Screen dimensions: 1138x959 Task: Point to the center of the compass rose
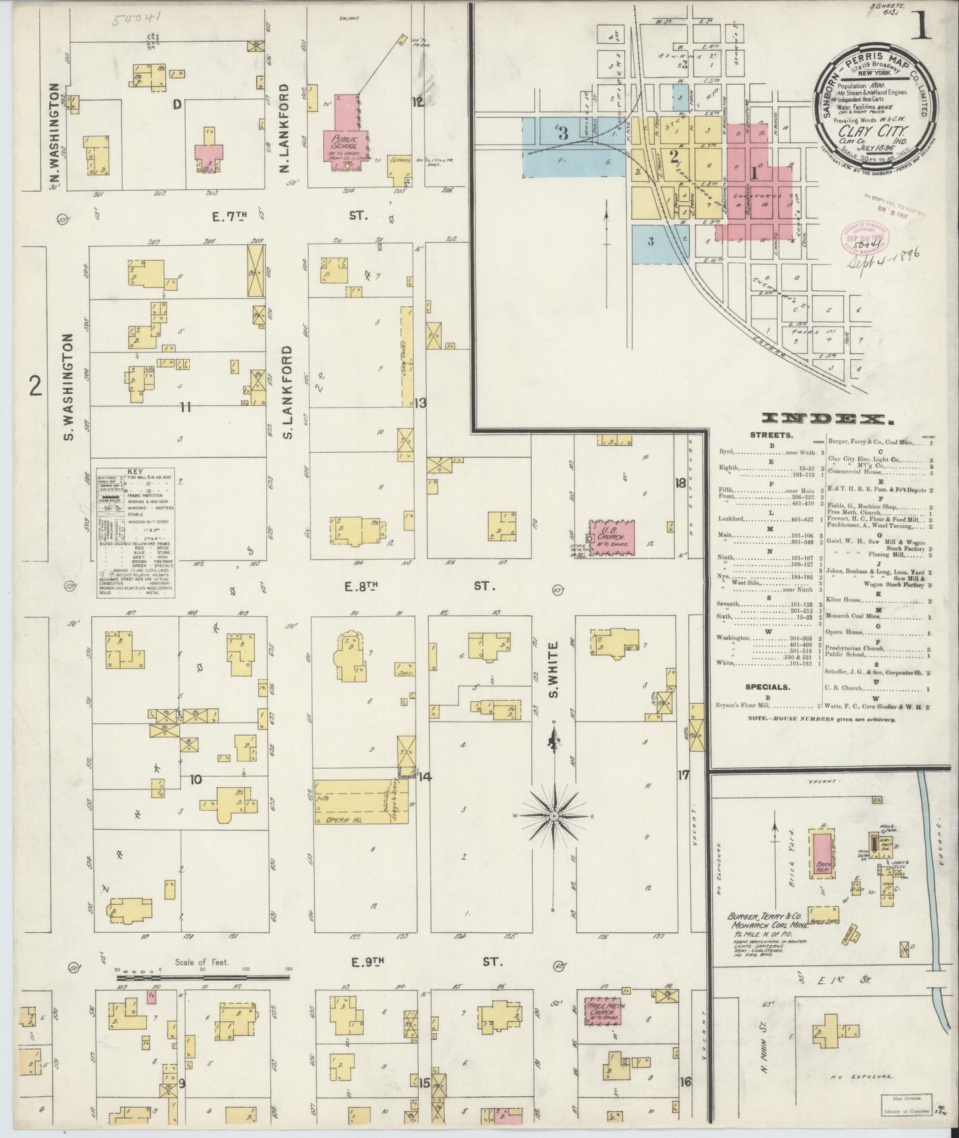tap(553, 815)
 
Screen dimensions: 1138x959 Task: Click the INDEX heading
tap(827, 418)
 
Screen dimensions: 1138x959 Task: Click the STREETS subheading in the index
tap(771, 436)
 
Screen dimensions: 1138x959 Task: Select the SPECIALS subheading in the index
tap(767, 687)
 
